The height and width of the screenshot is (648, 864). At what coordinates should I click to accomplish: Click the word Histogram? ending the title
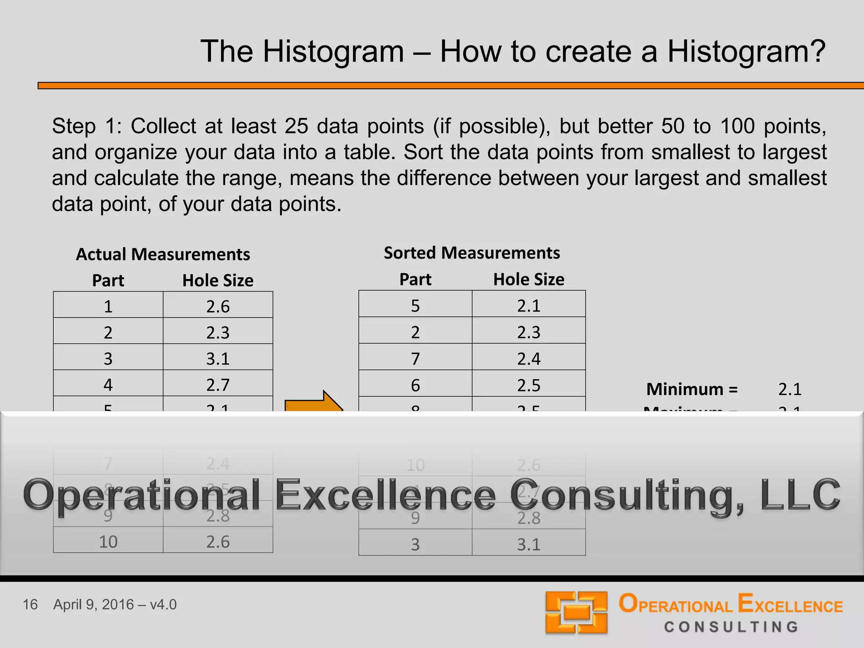tap(746, 52)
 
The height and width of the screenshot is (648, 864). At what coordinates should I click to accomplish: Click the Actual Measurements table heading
tap(163, 254)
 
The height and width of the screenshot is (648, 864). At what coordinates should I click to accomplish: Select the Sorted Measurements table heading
tap(472, 253)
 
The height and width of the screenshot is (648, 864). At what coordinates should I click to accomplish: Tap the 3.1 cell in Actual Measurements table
tap(218, 359)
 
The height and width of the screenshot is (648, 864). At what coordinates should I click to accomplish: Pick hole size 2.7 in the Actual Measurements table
tap(218, 385)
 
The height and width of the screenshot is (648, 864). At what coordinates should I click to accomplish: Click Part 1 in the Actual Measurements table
tap(108, 306)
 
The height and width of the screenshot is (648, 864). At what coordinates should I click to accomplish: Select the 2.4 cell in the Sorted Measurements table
tap(529, 359)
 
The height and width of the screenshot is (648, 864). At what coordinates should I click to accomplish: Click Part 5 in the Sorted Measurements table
tap(415, 305)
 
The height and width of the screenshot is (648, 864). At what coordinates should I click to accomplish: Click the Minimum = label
tap(692, 389)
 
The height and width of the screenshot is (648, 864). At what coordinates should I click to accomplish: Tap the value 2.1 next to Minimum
tap(790, 389)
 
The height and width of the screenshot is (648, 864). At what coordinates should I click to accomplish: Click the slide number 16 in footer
tap(30, 605)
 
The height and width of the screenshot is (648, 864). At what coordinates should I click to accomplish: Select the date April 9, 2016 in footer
tap(94, 605)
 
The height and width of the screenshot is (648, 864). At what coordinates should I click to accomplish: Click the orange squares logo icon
tap(576, 613)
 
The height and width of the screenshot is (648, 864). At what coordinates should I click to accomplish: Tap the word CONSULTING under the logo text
tap(731, 627)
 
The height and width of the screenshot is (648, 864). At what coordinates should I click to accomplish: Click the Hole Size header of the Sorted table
tap(529, 279)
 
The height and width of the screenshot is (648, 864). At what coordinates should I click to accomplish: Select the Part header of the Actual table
tap(108, 281)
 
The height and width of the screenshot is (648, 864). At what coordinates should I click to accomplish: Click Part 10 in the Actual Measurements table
tap(108, 542)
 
